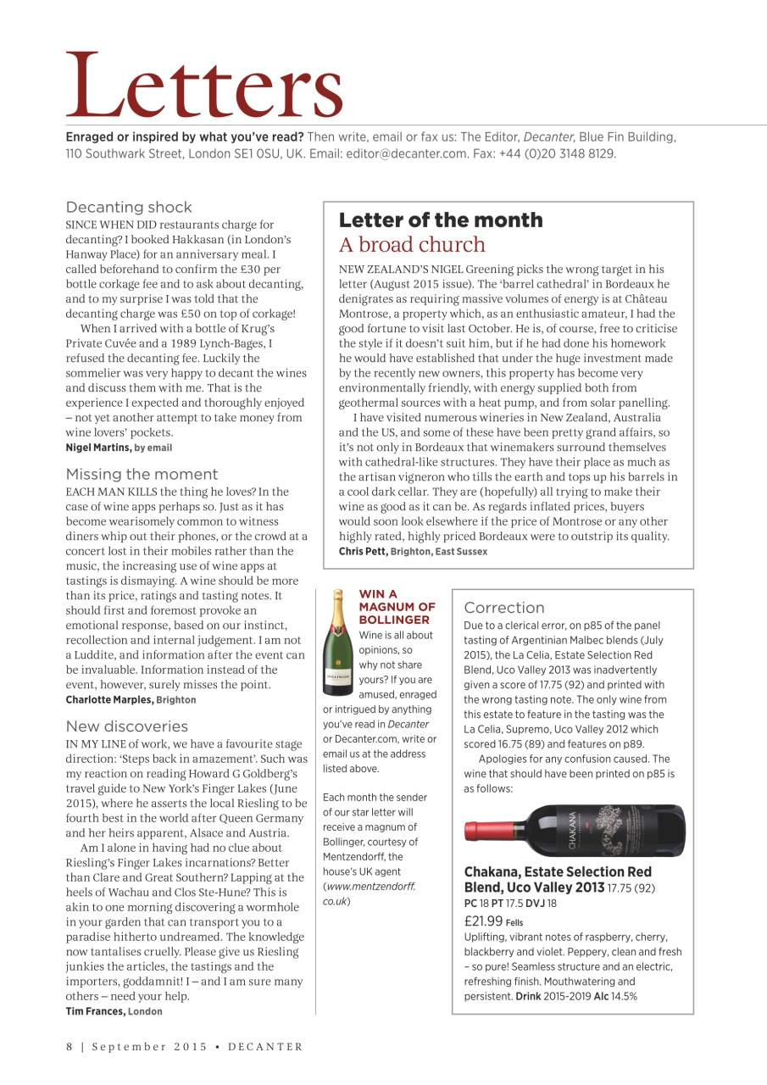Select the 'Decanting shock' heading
[129, 207]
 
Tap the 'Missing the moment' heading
[142, 474]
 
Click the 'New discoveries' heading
[127, 726]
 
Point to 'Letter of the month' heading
[441, 220]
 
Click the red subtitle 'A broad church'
[412, 245]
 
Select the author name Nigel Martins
[98, 448]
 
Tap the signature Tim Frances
[96, 1011]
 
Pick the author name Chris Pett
[362, 552]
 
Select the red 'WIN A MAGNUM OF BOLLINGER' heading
[397, 607]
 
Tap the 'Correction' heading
[504, 608]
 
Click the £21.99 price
[483, 921]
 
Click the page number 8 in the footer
[70, 1047]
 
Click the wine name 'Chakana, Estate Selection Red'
[558, 871]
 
